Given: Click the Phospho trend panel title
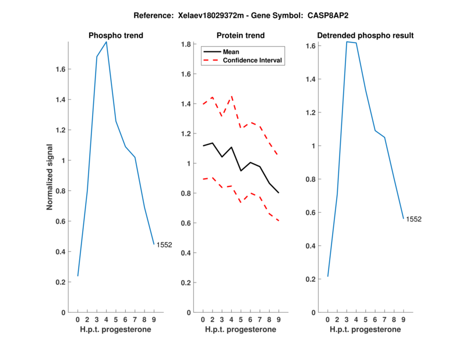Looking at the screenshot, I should click(x=115, y=36).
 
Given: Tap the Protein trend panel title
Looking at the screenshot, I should click(x=240, y=36).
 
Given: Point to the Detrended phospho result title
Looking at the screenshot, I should click(x=365, y=36).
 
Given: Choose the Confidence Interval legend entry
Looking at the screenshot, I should click(x=252, y=59).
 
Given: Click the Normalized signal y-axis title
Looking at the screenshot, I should click(x=50, y=177).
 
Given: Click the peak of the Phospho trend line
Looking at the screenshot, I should click(x=106, y=41).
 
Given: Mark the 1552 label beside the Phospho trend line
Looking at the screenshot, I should click(x=164, y=245).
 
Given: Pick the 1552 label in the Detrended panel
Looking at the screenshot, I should click(x=414, y=220).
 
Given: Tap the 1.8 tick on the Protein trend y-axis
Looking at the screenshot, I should click(x=186, y=44).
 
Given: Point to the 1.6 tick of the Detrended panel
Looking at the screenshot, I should click(x=312, y=45).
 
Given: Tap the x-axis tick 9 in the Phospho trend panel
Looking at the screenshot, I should click(x=154, y=319).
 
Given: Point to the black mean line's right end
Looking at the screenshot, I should click(x=278, y=193).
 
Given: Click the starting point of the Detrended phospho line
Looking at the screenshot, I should click(x=328, y=276).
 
